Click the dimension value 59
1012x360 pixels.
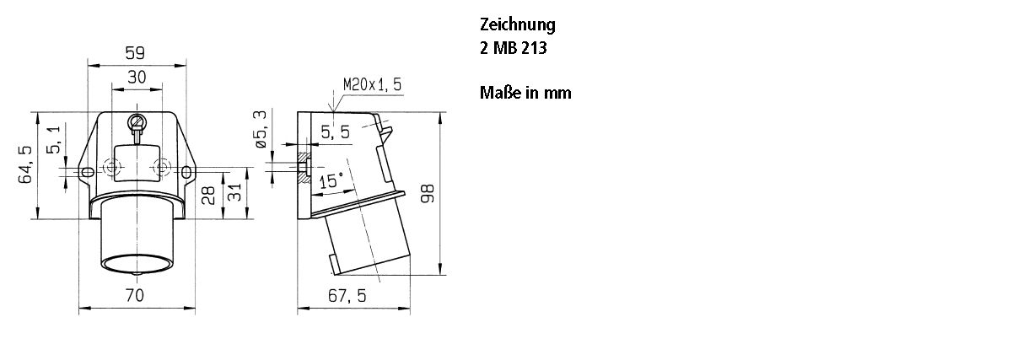pos(135,53)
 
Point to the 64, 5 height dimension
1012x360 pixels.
pos(24,164)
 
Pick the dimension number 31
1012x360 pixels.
pos(236,196)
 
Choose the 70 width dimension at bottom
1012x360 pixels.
pos(135,296)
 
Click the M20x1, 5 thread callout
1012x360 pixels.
pos(373,85)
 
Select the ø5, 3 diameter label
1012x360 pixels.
pos(261,127)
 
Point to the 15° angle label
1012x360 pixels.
pos(331,180)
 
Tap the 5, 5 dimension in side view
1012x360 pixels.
pos(335,132)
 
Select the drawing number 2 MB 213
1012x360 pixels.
pos(513,48)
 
